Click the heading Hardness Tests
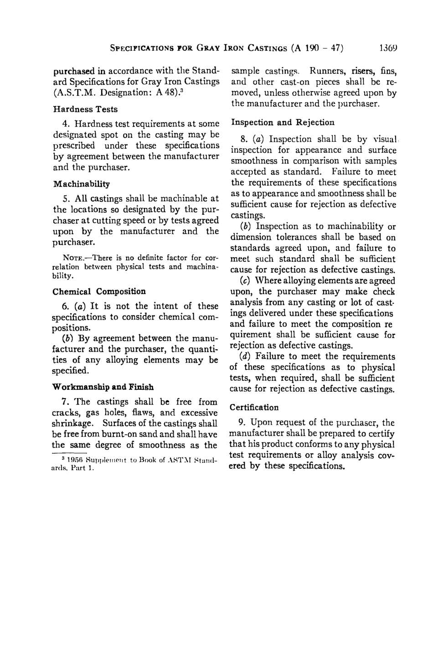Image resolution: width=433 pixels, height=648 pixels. click(85, 109)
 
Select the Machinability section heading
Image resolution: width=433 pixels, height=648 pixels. click(82, 184)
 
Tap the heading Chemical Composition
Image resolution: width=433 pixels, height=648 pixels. click(99, 291)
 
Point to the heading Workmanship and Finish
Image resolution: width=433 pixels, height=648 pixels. click(103, 387)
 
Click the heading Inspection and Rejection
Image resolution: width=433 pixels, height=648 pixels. click(283, 123)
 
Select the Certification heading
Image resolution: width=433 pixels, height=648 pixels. click(254, 407)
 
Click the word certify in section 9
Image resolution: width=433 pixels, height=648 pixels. click(381, 434)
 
